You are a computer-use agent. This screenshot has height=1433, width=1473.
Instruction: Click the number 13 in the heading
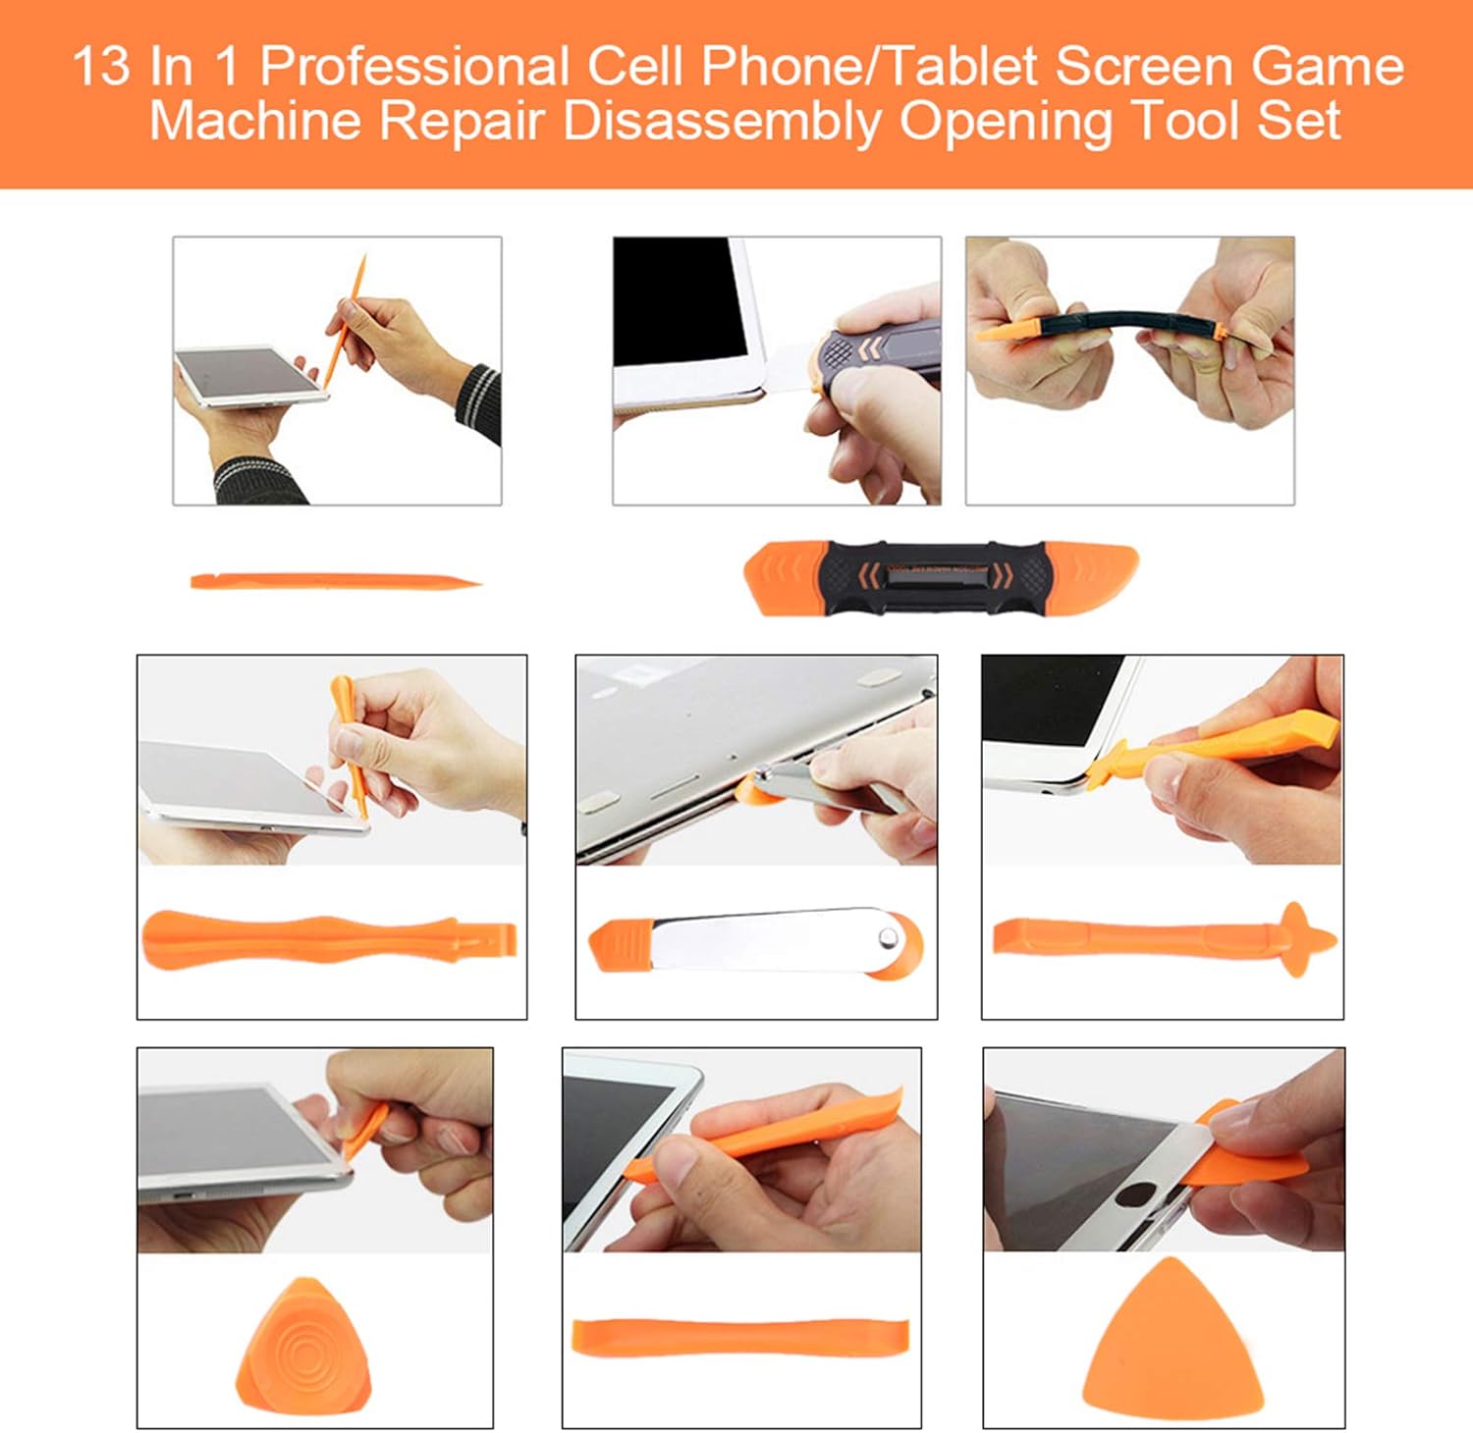tap(100, 67)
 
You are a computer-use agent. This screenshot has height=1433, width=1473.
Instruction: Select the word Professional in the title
tap(413, 67)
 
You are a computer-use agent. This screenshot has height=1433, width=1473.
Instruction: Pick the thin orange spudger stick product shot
tap(335, 582)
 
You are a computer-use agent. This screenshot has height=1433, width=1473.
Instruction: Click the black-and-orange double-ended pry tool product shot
tap(941, 578)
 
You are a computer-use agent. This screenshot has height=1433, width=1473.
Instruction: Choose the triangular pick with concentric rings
tap(304, 1342)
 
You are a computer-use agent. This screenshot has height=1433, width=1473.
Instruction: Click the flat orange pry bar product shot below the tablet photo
tap(740, 1338)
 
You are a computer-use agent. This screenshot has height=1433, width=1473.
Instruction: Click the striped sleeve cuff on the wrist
tap(480, 402)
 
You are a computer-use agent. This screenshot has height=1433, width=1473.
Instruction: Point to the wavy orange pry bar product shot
tap(330, 939)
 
